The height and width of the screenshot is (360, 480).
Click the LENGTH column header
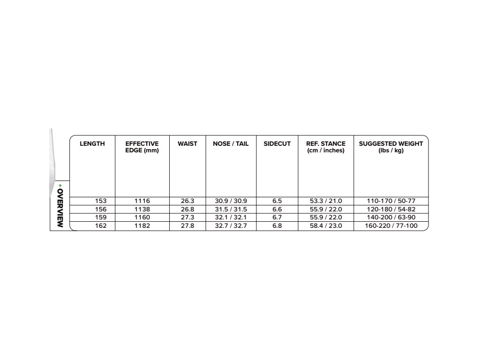92,144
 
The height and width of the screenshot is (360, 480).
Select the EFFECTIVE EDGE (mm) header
142,147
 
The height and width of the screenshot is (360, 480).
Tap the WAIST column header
187,144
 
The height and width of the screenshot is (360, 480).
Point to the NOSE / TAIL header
231,144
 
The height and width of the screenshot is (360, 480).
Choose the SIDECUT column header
277,144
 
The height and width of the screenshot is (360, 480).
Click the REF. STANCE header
326,147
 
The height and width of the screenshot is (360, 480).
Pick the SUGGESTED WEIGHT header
391,147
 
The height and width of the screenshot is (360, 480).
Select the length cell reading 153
101,201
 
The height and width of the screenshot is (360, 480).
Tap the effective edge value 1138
142,209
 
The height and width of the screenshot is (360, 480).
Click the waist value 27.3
187,217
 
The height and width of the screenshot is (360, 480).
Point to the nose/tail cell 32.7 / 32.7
231,226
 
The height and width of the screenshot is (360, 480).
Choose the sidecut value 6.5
277,201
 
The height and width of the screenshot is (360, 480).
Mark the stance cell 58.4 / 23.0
326,226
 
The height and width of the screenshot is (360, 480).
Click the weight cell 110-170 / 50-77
391,201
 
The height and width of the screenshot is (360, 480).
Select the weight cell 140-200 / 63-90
391,217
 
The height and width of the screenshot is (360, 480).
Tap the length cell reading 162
101,226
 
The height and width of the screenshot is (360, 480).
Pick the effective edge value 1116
142,201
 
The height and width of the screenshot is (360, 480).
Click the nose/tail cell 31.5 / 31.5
231,209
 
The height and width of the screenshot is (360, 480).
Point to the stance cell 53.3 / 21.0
326,201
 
